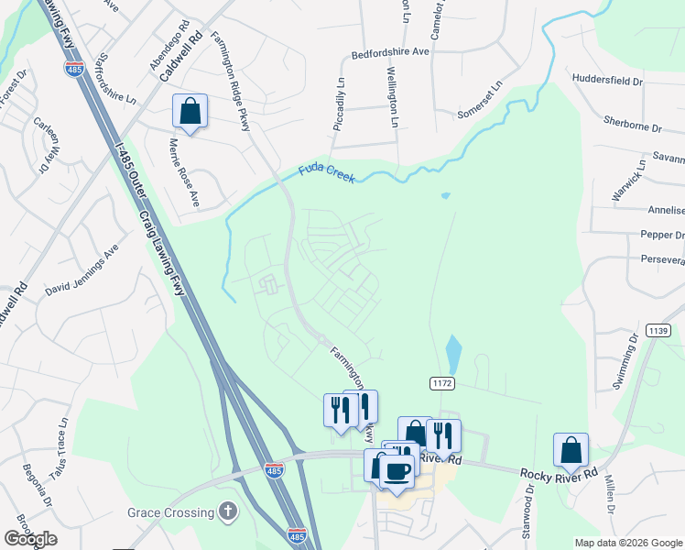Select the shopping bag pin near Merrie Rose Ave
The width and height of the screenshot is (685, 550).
tap(190, 113)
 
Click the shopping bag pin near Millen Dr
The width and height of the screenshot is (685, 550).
tap(571, 451)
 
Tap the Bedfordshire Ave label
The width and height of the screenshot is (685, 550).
tap(390, 54)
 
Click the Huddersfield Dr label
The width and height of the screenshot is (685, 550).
tap(607, 80)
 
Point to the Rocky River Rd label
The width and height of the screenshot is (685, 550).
tap(559, 474)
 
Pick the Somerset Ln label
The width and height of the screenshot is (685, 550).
tap(482, 100)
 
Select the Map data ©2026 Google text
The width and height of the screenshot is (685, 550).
tap(627, 543)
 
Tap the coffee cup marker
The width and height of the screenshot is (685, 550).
tap(396, 471)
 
